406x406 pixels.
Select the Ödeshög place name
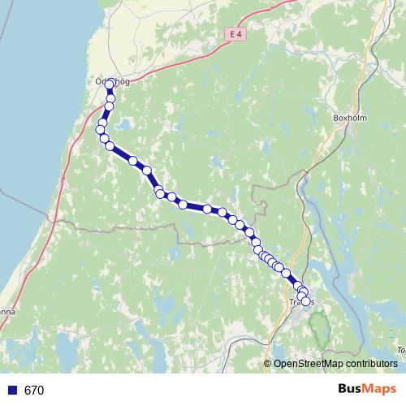pos(110,80)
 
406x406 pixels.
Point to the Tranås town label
pos(300,303)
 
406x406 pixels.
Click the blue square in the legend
pos(11,390)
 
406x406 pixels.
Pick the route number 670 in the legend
pos(34,391)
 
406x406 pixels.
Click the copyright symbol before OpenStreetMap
pos(268,364)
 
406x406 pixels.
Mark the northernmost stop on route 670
pos(110,84)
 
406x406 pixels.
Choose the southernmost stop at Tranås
pos(306,301)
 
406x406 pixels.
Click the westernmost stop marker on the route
pos(101,129)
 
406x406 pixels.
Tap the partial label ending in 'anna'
pos(6,310)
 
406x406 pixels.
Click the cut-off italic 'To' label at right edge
pos(401,350)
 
